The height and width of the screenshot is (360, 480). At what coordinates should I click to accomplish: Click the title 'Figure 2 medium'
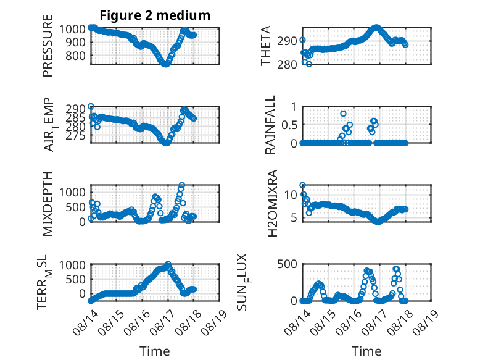155,15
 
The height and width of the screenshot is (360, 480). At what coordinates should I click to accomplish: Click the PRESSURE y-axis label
48,46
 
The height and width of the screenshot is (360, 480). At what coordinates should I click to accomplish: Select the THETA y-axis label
266,46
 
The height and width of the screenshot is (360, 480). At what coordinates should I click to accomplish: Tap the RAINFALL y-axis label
270,125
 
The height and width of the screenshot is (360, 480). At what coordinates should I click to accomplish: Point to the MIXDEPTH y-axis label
48,204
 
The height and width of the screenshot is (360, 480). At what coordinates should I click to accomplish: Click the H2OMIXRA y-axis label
272,203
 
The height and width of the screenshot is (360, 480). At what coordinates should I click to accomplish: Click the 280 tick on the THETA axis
287,64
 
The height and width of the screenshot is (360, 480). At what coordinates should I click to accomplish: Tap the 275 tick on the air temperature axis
75,135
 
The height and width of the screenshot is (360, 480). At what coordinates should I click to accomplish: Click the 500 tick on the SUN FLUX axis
287,264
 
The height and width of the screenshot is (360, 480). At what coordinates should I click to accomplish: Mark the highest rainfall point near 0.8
343,114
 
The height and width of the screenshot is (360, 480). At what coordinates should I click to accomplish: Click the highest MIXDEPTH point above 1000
182,185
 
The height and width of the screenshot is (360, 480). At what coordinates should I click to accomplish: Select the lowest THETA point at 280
309,64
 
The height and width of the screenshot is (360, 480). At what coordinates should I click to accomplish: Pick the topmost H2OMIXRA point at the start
302,185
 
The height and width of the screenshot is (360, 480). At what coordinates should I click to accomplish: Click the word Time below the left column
155,351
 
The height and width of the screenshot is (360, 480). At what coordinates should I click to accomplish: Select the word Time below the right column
366,351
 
